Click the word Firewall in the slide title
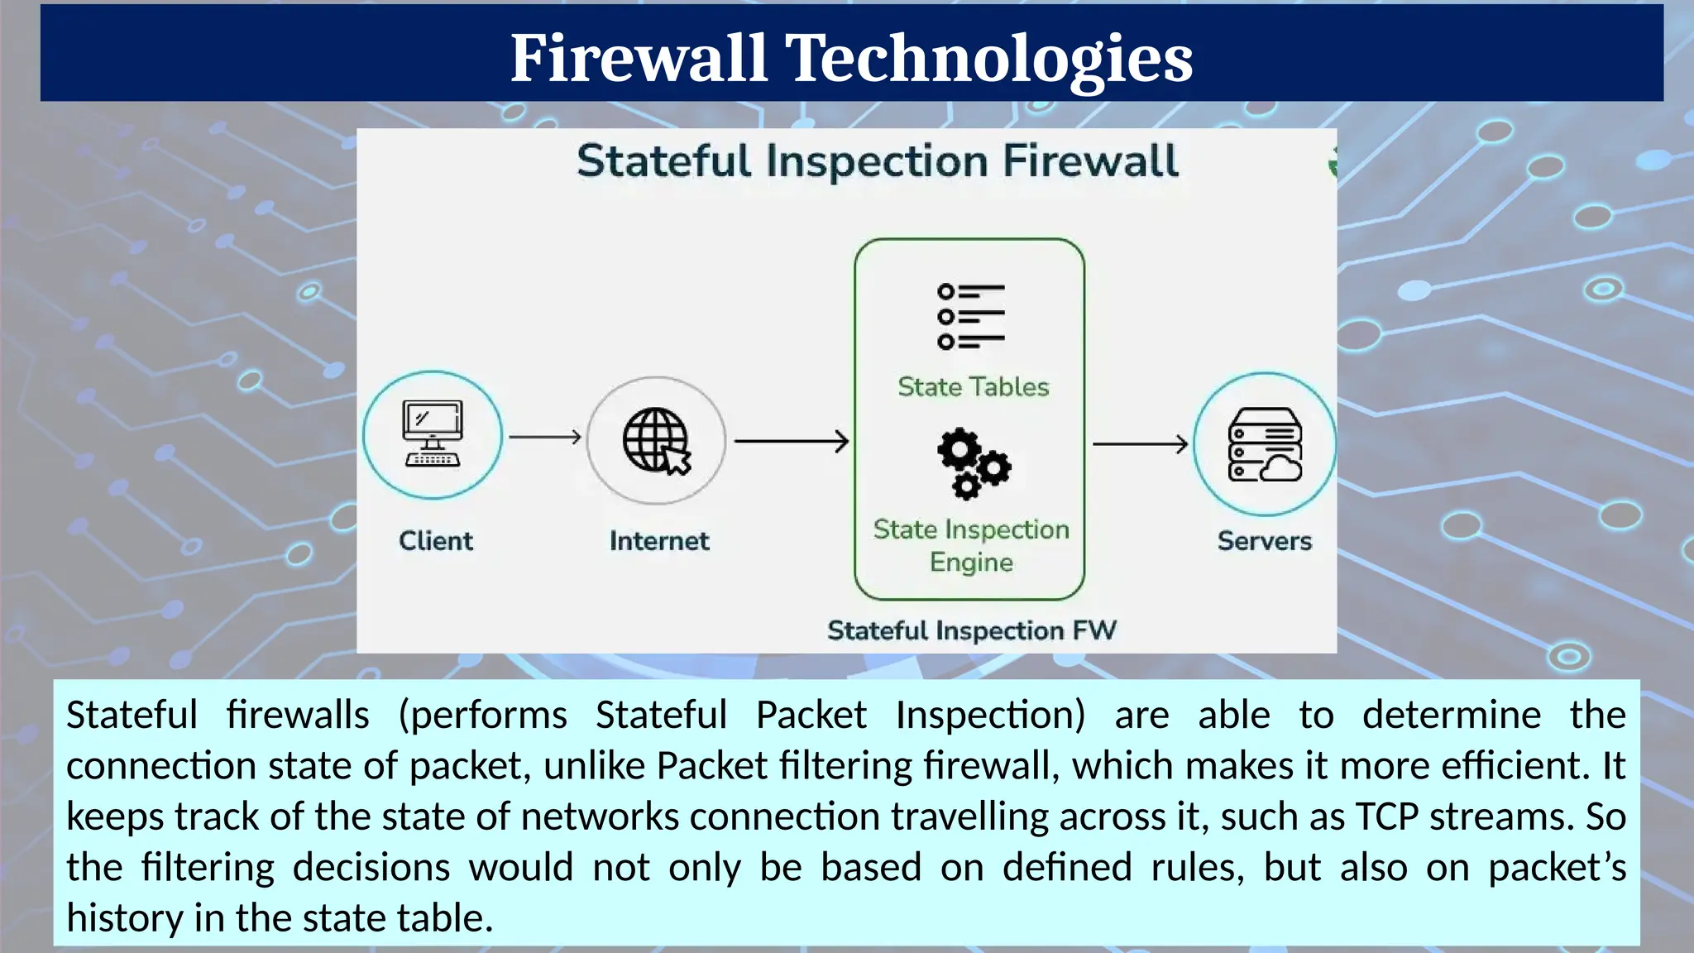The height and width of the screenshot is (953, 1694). click(x=638, y=58)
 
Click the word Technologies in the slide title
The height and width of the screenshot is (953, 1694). click(x=988, y=58)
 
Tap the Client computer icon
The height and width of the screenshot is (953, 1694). click(x=433, y=435)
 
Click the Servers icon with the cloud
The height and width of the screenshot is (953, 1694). click(x=1265, y=444)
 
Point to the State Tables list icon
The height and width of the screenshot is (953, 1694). click(x=971, y=317)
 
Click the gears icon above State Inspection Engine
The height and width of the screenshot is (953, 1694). click(x=973, y=463)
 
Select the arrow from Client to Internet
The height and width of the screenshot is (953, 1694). click(x=545, y=437)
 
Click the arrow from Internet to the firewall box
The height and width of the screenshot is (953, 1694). click(x=791, y=442)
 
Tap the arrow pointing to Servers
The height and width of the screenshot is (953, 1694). click(x=1140, y=444)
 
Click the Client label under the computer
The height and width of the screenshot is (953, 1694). click(x=436, y=541)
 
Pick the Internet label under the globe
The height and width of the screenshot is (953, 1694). click(x=659, y=541)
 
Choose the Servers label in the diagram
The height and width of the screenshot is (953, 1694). click(x=1265, y=541)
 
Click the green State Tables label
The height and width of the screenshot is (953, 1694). click(x=973, y=387)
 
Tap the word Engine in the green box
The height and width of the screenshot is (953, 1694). click(x=971, y=563)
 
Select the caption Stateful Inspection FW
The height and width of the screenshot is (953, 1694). click(x=972, y=630)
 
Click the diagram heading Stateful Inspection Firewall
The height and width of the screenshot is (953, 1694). click(x=878, y=160)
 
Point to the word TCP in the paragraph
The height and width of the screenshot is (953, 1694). click(x=1386, y=817)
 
